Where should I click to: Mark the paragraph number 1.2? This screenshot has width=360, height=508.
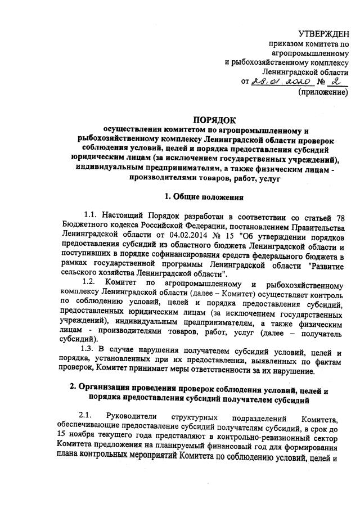(x=90, y=281)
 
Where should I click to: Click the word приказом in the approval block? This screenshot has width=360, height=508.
(x=287, y=43)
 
